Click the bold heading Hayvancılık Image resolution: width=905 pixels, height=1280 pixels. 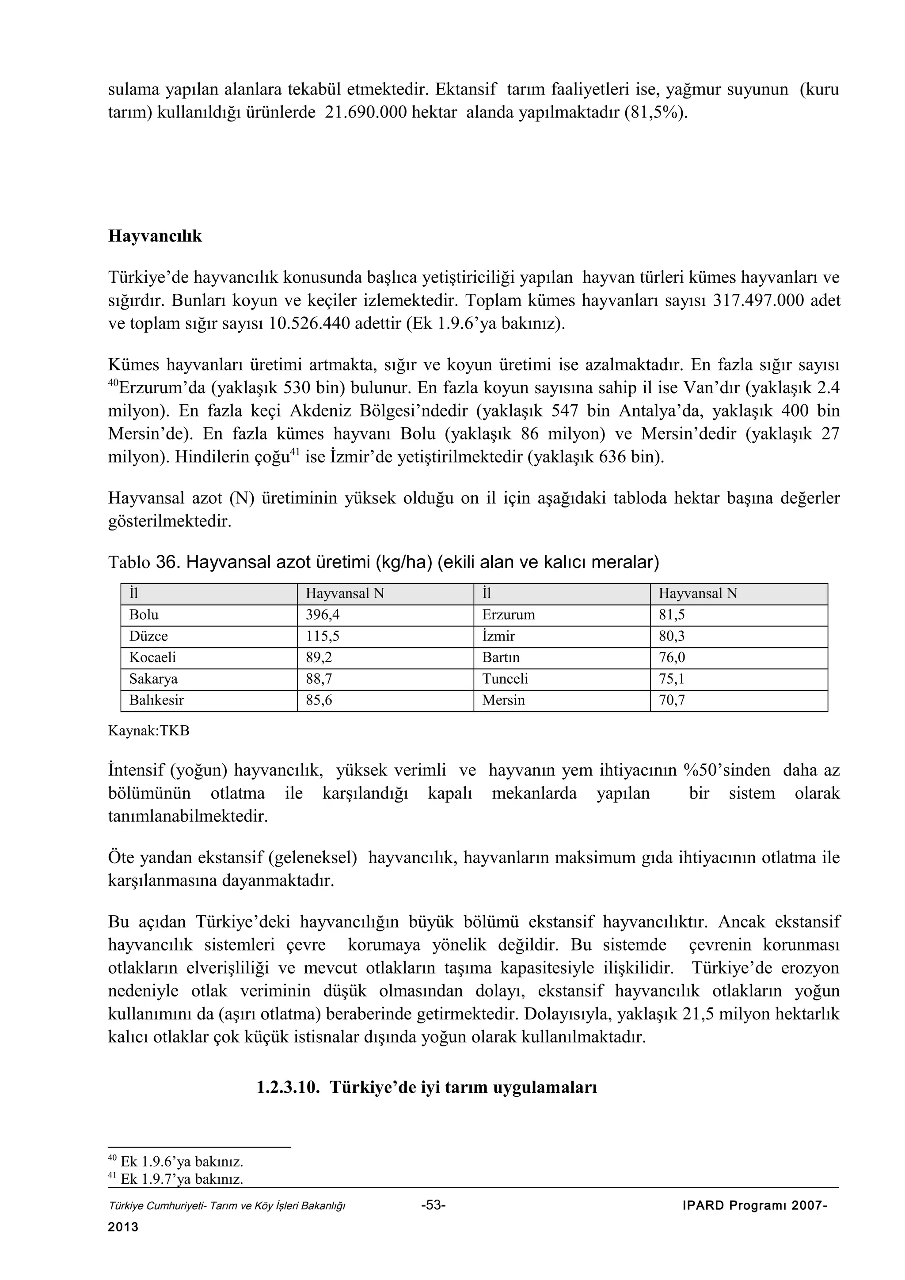point(155,236)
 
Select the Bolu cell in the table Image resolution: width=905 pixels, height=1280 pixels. point(144,615)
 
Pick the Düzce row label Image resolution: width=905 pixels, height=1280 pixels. point(148,636)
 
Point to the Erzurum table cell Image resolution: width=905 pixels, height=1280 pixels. point(508,615)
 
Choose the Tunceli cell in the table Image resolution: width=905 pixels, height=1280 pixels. point(505,678)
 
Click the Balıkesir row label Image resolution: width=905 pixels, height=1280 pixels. point(156,700)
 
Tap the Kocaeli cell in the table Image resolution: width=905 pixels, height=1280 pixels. point(152,657)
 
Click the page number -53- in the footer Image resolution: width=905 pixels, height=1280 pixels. point(433,1205)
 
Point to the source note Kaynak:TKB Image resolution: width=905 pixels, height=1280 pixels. point(148,731)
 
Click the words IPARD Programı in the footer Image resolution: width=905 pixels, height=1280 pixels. point(734,1206)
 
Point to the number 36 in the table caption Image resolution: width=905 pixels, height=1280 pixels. point(166,562)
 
